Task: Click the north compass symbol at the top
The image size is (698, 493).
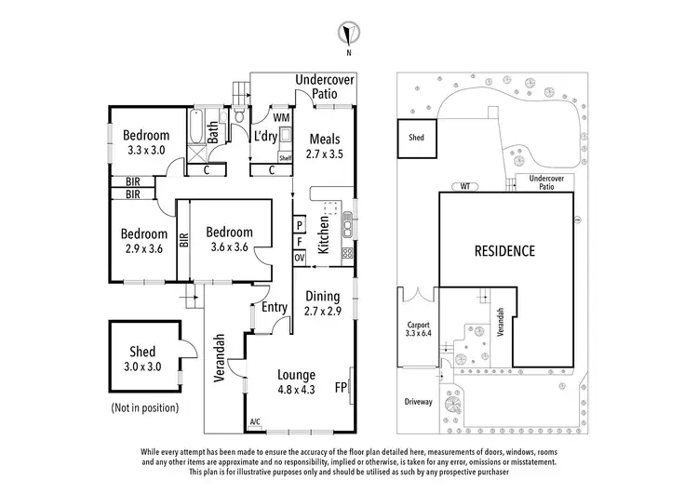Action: (x=348, y=35)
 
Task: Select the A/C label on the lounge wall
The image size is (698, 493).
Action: (x=255, y=422)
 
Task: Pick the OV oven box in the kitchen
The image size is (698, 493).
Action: (x=300, y=257)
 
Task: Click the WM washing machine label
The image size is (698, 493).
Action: (x=280, y=118)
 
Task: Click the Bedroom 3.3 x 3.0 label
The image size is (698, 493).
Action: (x=147, y=141)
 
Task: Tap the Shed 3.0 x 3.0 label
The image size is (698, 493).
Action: (x=142, y=359)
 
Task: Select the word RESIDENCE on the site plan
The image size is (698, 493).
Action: (x=505, y=250)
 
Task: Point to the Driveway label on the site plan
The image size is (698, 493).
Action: (x=417, y=402)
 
